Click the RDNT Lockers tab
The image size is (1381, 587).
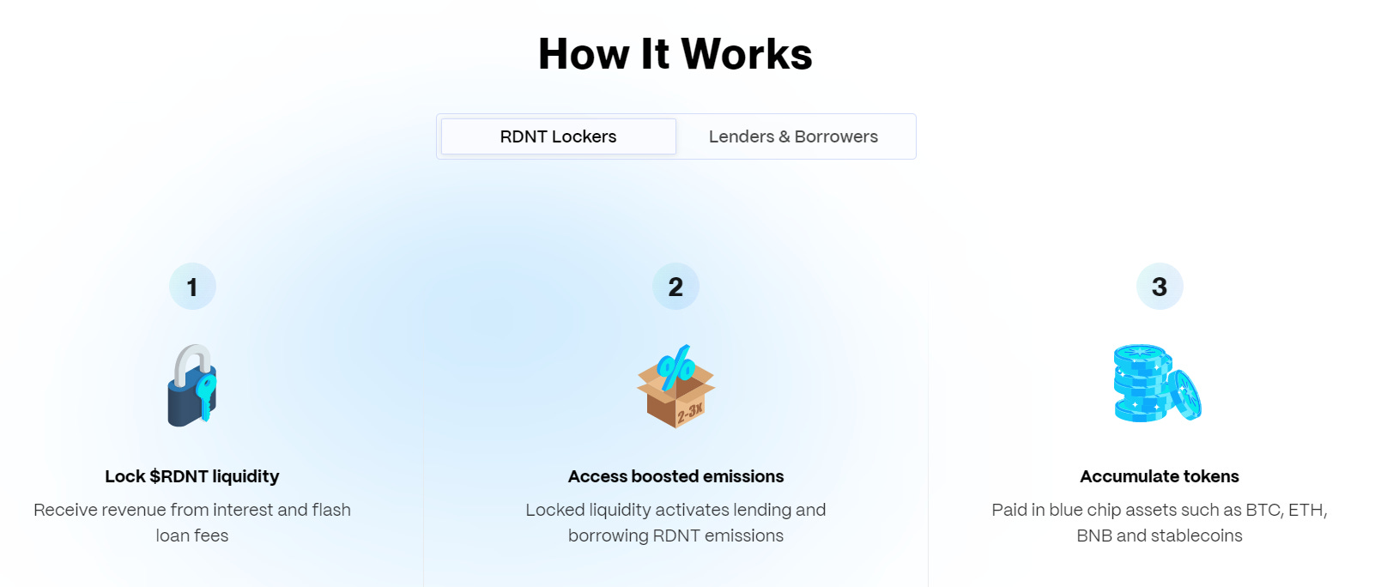tap(558, 136)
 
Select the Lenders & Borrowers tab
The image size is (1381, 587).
tap(793, 136)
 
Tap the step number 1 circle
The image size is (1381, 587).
tap(192, 287)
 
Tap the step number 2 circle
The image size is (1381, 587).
tap(675, 287)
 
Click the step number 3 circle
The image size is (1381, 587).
tap(1160, 287)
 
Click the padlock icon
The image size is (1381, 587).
tap(191, 385)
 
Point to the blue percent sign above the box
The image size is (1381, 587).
tap(676, 368)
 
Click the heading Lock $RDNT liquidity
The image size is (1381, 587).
tap(192, 476)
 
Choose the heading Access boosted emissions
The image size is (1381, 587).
tap(675, 476)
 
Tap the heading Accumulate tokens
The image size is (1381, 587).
tap(1160, 476)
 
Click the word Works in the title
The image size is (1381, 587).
tap(747, 54)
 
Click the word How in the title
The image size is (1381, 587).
tap(584, 54)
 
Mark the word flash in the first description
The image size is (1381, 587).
tap(331, 510)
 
